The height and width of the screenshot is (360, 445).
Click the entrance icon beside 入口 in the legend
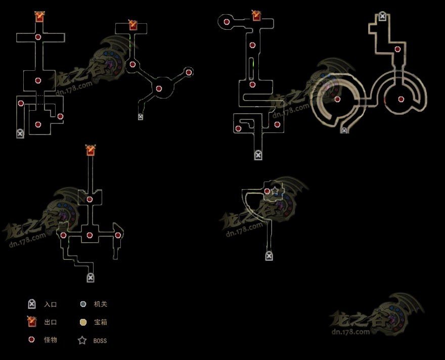32,304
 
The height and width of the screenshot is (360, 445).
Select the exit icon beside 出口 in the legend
32,322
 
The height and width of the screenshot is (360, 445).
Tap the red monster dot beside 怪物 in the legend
31,340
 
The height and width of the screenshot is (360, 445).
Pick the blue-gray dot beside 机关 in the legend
82,304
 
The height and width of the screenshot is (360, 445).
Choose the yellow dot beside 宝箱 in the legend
82,322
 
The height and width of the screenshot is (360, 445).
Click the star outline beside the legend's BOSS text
82,340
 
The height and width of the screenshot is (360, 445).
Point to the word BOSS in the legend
100,341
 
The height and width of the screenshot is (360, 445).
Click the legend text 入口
50,305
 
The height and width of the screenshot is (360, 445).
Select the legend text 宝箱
100,323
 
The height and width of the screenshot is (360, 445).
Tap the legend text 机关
100,305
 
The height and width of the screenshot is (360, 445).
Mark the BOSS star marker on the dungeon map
275,190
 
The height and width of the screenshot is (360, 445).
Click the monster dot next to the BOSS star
268,191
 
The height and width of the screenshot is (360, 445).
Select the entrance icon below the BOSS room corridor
269,256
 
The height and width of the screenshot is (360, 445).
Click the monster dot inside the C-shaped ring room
338,99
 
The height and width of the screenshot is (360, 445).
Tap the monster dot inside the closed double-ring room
401,99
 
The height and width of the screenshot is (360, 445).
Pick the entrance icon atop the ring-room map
383,16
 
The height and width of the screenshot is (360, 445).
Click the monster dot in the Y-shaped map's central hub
159,88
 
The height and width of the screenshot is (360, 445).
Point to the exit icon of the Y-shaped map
133,25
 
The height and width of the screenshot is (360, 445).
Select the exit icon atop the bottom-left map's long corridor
91,150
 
